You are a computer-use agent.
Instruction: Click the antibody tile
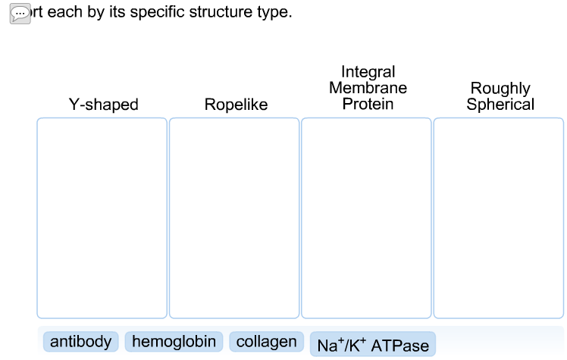point(81,342)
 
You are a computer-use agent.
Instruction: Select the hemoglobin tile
point(174,342)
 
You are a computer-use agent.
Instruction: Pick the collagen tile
point(266,342)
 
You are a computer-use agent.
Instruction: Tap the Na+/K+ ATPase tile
point(373,346)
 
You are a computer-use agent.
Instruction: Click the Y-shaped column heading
point(104,105)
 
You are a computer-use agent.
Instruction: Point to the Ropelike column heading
point(236,105)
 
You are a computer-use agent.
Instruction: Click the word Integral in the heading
point(368,72)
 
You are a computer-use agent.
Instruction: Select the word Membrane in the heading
point(368,88)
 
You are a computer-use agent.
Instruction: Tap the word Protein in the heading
point(368,104)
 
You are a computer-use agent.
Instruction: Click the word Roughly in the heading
point(500,89)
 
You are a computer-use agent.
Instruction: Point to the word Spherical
point(500,105)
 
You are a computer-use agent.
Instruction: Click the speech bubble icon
point(20,14)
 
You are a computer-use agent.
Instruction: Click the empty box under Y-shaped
point(102,218)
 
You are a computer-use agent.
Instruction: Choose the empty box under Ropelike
point(234,218)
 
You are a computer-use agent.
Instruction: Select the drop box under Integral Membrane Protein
point(366,218)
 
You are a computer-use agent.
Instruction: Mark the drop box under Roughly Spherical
point(499,218)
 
